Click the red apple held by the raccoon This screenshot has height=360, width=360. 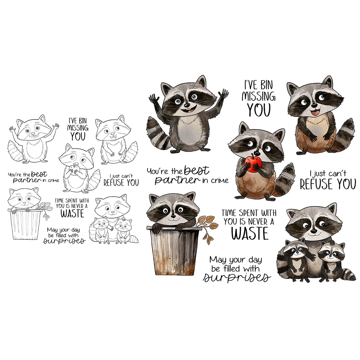pos(253,163)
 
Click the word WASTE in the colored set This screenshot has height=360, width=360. pos(249,234)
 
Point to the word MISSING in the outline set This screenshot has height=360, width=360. pos(78,128)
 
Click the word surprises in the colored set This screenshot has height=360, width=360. pos(237,278)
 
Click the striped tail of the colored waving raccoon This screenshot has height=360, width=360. pos(157,133)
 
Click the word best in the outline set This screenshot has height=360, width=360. pos(39,174)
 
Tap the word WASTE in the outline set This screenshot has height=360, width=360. pos(72,213)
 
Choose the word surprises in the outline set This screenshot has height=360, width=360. pos(64,241)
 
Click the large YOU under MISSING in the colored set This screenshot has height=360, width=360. pos(259,110)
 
